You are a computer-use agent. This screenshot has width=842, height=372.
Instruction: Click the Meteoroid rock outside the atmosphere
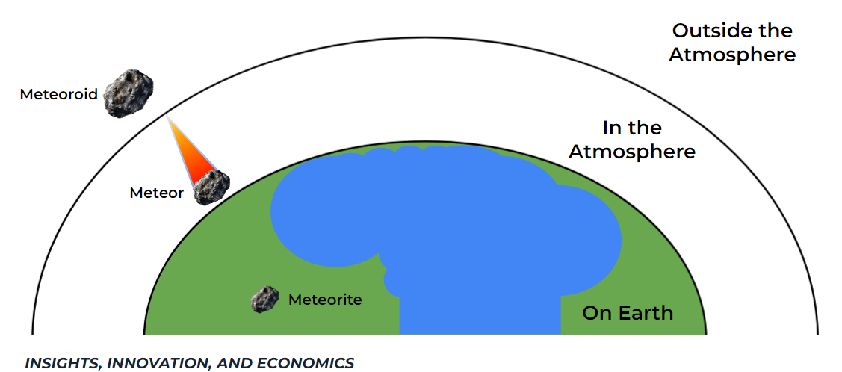pyautogui.click(x=128, y=94)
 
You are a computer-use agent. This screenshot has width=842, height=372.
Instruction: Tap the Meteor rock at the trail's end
pyautogui.click(x=211, y=187)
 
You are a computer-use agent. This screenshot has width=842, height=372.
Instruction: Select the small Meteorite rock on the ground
pyautogui.click(x=264, y=300)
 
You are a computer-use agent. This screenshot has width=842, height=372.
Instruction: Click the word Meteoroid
pyautogui.click(x=58, y=95)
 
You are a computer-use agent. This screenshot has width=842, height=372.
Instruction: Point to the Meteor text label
pyautogui.click(x=156, y=193)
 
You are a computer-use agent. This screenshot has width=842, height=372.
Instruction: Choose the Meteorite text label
pyautogui.click(x=325, y=300)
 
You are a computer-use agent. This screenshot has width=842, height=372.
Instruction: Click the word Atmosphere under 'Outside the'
pyautogui.click(x=731, y=55)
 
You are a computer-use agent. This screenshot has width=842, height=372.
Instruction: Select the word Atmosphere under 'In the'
pyautogui.click(x=632, y=152)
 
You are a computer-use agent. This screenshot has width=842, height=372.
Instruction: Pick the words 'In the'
pyautogui.click(x=632, y=128)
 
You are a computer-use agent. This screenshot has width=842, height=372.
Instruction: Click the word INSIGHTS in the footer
pyautogui.click(x=63, y=364)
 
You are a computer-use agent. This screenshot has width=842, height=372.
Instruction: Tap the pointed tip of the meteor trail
pyautogui.click(x=168, y=118)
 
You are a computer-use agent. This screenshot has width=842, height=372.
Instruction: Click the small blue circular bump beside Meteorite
pyautogui.click(x=393, y=281)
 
